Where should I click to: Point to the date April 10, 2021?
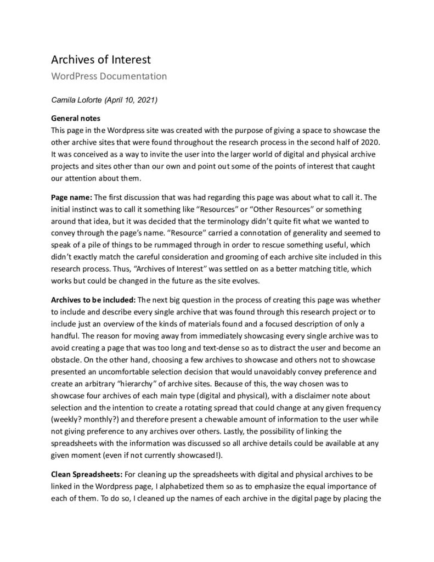tap(135, 100)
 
